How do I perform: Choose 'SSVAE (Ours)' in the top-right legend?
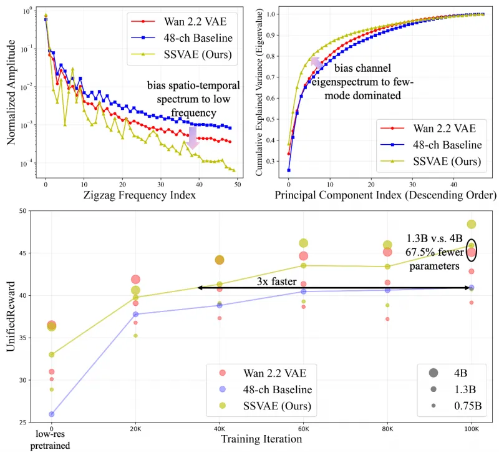447,162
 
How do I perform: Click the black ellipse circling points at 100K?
472,249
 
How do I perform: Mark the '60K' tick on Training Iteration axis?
304,429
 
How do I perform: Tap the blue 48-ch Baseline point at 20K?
135,314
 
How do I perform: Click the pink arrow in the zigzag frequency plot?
193,137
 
